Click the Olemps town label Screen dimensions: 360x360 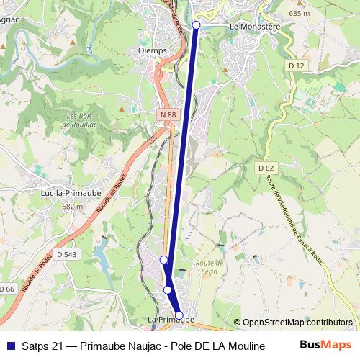coord(152,51)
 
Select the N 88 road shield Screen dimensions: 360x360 coord(168,115)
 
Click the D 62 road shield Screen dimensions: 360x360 coord(266,167)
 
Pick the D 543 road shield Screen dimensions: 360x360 coord(66,254)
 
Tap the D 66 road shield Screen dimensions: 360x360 coord(6,289)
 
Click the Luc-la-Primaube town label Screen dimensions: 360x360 coord(70,193)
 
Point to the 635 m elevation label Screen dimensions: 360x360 coord(298,14)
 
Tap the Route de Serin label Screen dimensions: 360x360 coord(210,267)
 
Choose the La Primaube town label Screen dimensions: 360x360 coord(171,319)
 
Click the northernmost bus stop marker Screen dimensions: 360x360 coord(197,25)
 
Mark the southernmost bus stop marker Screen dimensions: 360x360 coord(179,315)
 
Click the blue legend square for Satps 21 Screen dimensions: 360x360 coord(9,346)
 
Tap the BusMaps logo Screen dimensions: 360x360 coord(326,345)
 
